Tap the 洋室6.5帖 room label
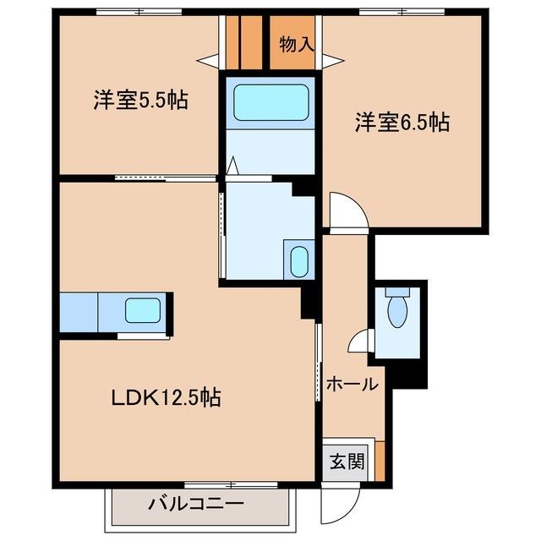pos(401,123)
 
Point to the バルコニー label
pos(196,505)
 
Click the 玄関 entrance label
pos(347,462)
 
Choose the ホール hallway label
pos(352,384)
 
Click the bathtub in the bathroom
pos(270,103)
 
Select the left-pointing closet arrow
pos(205,61)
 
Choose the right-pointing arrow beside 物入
pos(331,61)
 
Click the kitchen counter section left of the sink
pos(79,312)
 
